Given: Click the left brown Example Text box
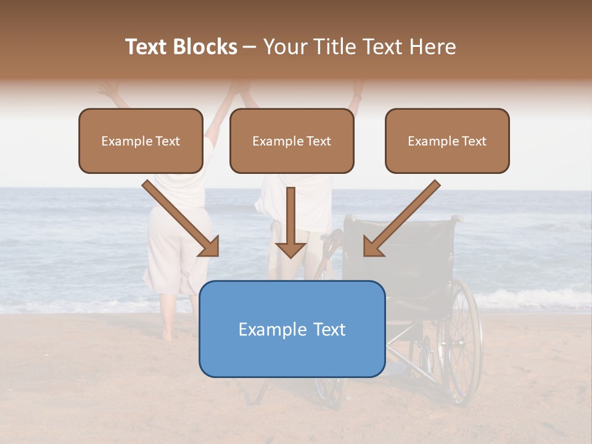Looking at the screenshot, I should [141, 141].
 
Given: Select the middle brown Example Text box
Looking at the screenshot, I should [292, 141].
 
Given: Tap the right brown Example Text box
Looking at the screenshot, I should [447, 141].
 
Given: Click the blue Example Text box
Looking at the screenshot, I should [292, 329].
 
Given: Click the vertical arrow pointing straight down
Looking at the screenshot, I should [290, 222].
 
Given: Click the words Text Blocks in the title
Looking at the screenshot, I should [181, 47].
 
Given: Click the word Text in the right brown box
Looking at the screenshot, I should [474, 141].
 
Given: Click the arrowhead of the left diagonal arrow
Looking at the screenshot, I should [210, 247].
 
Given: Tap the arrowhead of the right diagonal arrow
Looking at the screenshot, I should [372, 247].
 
